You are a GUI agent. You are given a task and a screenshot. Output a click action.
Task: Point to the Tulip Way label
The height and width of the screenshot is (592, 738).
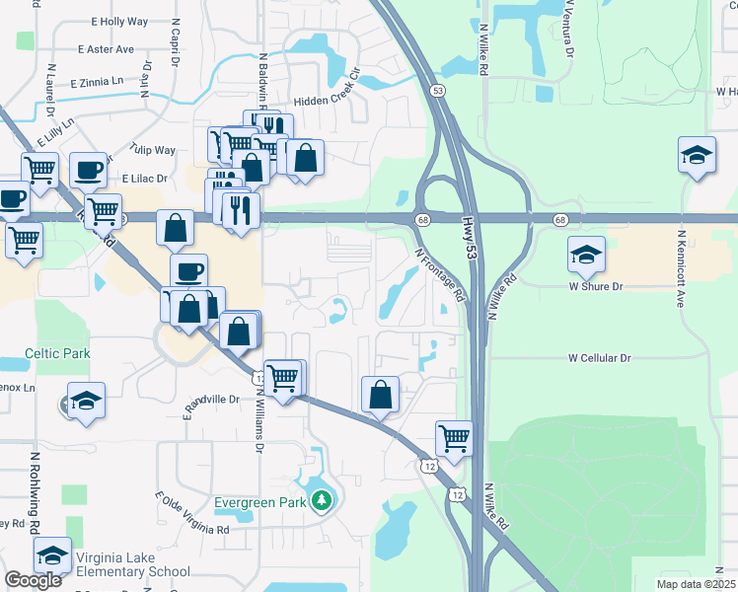click(x=150, y=150)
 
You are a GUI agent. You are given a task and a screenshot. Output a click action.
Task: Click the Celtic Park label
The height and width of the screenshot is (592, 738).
click(x=57, y=353)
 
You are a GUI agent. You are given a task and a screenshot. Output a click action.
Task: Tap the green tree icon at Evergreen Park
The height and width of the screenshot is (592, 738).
click(x=320, y=502)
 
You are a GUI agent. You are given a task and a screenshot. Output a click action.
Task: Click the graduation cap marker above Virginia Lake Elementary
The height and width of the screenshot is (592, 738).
click(x=52, y=554)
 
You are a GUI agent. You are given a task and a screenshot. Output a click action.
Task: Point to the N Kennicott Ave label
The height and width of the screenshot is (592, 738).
click(x=680, y=270)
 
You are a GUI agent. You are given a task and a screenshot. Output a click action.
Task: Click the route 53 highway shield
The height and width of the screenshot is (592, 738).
click(x=437, y=90)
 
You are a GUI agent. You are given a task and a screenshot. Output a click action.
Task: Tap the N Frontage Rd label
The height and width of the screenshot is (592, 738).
click(x=440, y=274)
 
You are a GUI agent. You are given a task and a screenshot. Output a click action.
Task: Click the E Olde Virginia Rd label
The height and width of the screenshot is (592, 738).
click(x=192, y=514)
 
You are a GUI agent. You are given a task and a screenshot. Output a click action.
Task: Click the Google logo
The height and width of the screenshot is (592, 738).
click(x=34, y=580)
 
